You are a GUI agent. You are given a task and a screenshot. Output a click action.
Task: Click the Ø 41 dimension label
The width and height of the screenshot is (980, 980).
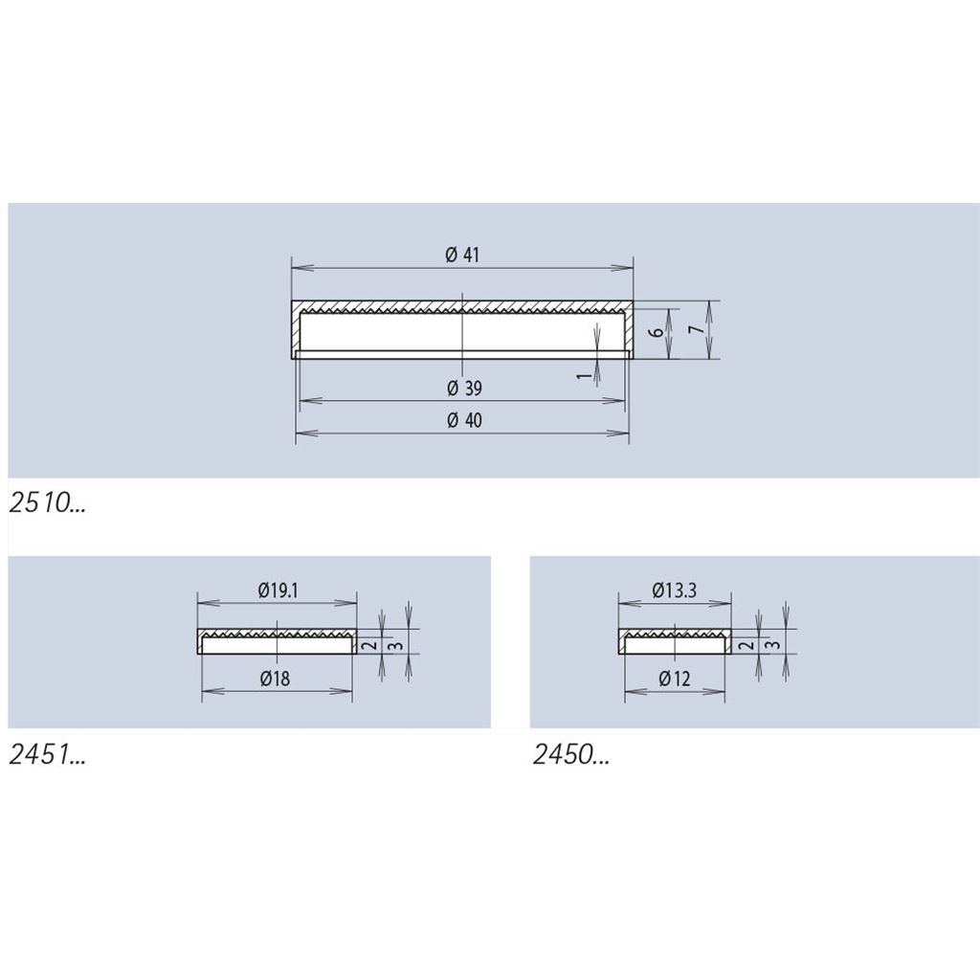pyautogui.click(x=462, y=255)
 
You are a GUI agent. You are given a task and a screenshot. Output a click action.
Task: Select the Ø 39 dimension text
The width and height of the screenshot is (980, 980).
pyautogui.click(x=464, y=389)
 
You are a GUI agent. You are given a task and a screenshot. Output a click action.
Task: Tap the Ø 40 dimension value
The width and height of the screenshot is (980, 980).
pyautogui.click(x=464, y=420)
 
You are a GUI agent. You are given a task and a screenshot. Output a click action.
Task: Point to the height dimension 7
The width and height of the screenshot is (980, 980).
pyautogui.click(x=697, y=329)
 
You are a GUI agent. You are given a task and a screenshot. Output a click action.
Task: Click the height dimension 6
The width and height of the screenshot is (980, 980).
pyautogui.click(x=656, y=330)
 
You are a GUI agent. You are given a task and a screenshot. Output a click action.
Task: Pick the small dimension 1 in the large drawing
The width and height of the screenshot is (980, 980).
pyautogui.click(x=583, y=375)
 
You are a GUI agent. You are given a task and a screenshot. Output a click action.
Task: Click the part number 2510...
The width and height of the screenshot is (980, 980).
pyautogui.click(x=47, y=502)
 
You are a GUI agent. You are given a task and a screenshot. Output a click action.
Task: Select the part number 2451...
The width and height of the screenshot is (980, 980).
pyautogui.click(x=47, y=755)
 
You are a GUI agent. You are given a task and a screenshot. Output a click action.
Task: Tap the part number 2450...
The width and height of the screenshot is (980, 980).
pyautogui.click(x=570, y=755)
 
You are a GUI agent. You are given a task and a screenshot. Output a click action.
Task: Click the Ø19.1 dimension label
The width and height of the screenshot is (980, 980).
pyautogui.click(x=278, y=590)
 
